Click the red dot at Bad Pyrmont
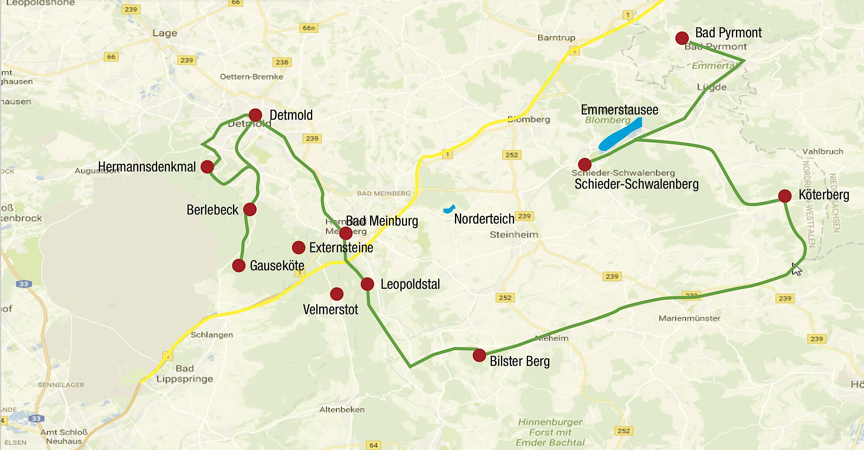[682, 38]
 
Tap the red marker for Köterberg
[784, 196]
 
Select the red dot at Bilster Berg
[479, 355]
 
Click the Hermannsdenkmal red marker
[207, 167]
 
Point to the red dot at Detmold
[255, 115]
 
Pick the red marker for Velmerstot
[336, 294]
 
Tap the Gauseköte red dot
[239, 265]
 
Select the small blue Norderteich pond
[449, 209]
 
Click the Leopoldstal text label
[410, 284]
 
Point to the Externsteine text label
[341, 248]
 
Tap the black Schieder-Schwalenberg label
[636, 184]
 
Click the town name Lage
[165, 33]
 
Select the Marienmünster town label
[689, 318]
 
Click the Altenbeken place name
[342, 409]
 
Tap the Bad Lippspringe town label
[185, 373]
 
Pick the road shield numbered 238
[282, 62]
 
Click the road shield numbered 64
[373, 445]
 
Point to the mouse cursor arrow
[796, 270]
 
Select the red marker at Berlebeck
[250, 209]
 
